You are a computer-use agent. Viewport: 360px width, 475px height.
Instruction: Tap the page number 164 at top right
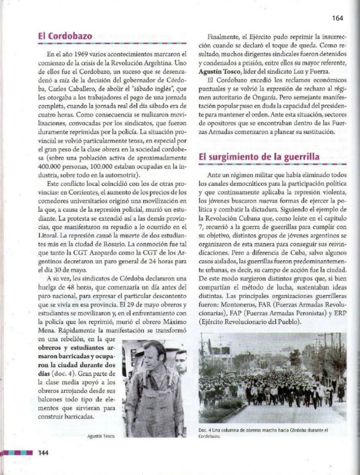[337, 18]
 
